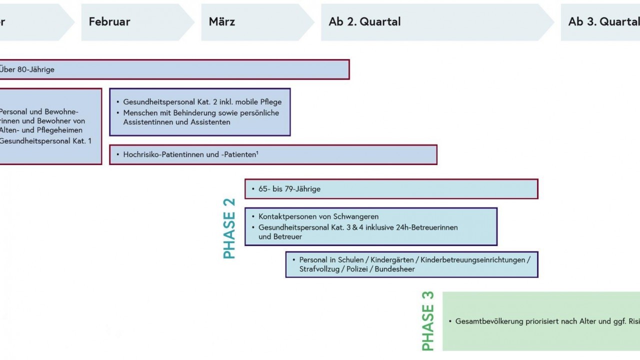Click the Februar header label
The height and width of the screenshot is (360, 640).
109,22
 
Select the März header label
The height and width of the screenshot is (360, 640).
222,22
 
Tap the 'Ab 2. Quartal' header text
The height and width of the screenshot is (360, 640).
364,22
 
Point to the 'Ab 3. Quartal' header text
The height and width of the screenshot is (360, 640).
603,22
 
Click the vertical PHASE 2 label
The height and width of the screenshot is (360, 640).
229,228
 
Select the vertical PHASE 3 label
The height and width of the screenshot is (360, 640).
428,321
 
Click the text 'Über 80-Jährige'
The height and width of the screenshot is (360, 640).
27,69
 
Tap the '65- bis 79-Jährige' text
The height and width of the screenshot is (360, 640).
289,189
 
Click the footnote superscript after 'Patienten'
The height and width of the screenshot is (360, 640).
257,153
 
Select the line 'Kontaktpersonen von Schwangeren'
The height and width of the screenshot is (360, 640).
318,216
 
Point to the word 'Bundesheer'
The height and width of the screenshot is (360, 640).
395,269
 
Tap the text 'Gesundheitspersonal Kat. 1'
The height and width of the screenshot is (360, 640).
45,141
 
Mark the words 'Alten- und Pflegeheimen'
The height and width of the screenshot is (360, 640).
40,130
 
